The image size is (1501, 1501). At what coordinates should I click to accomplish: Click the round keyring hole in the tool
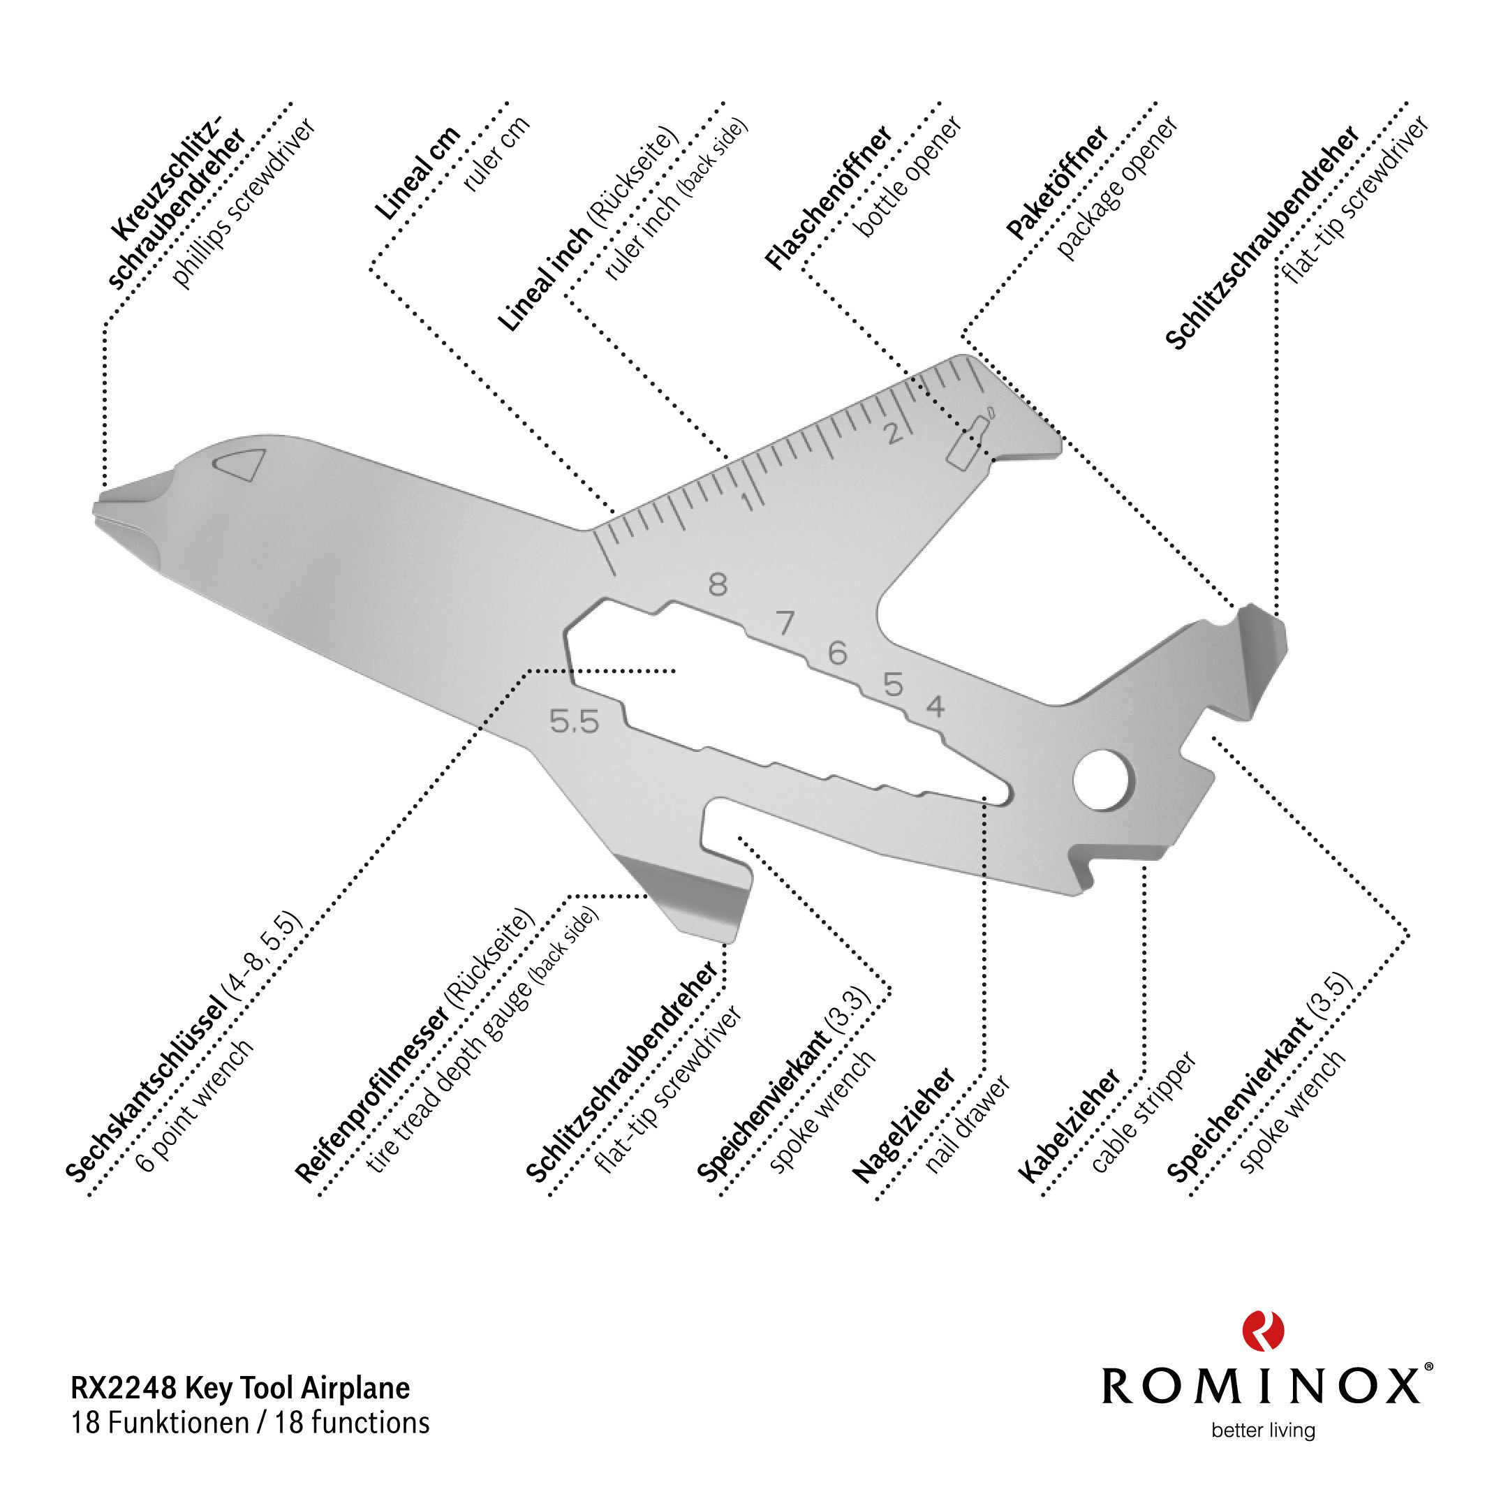coord(1102,778)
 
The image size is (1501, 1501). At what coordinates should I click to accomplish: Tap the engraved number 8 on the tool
coord(718,584)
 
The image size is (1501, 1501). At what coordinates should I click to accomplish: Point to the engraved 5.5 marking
coord(574,722)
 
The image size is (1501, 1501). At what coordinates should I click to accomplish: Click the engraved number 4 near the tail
coord(936,707)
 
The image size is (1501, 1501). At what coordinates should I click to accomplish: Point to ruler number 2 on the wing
coord(895,433)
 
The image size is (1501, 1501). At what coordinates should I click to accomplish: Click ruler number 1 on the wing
coord(748,501)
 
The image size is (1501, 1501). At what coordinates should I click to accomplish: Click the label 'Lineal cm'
coord(417,172)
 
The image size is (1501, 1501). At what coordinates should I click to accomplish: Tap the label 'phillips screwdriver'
coord(243,204)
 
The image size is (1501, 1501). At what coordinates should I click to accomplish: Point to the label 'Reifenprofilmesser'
coord(371,1095)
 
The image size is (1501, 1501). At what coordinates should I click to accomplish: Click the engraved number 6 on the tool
coord(837,653)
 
